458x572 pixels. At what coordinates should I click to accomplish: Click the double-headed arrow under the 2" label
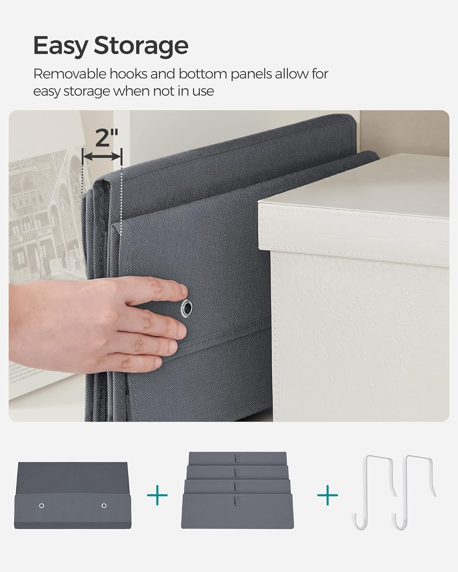102,156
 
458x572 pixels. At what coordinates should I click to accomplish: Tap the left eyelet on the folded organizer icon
42,506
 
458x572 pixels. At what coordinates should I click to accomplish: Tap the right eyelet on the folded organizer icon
104,506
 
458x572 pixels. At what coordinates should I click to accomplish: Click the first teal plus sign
157,495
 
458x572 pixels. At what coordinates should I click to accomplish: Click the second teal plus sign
327,495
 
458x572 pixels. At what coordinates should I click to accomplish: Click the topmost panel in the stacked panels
237,458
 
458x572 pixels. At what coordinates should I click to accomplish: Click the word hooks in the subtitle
128,74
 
